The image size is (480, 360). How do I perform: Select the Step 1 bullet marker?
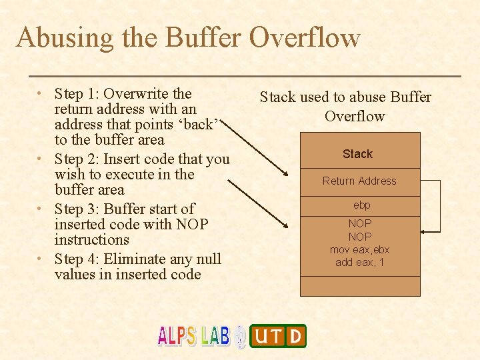click(41, 93)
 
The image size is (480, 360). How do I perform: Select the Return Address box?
click(359, 181)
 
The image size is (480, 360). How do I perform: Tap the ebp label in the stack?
click(361, 205)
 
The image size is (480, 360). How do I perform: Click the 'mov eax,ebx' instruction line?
click(359, 250)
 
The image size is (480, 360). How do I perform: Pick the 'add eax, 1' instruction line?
click(359, 263)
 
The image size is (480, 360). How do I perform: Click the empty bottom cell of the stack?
click(360, 286)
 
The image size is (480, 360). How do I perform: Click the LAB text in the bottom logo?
click(215, 336)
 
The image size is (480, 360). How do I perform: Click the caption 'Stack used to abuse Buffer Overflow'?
click(345, 107)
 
